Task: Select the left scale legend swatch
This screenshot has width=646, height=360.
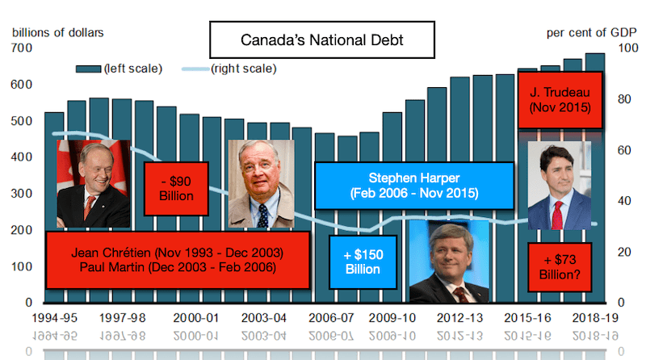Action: [87, 69]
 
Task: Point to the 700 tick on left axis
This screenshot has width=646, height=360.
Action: [22, 48]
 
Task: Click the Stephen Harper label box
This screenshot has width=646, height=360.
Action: [413, 186]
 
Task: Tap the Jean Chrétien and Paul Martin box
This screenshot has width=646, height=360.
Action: [177, 259]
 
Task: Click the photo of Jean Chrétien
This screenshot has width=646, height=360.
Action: [93, 183]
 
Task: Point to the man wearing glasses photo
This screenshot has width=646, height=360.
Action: [261, 183]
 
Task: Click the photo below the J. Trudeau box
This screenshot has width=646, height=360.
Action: [558, 186]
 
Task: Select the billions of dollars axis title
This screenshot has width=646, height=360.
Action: [57, 34]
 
